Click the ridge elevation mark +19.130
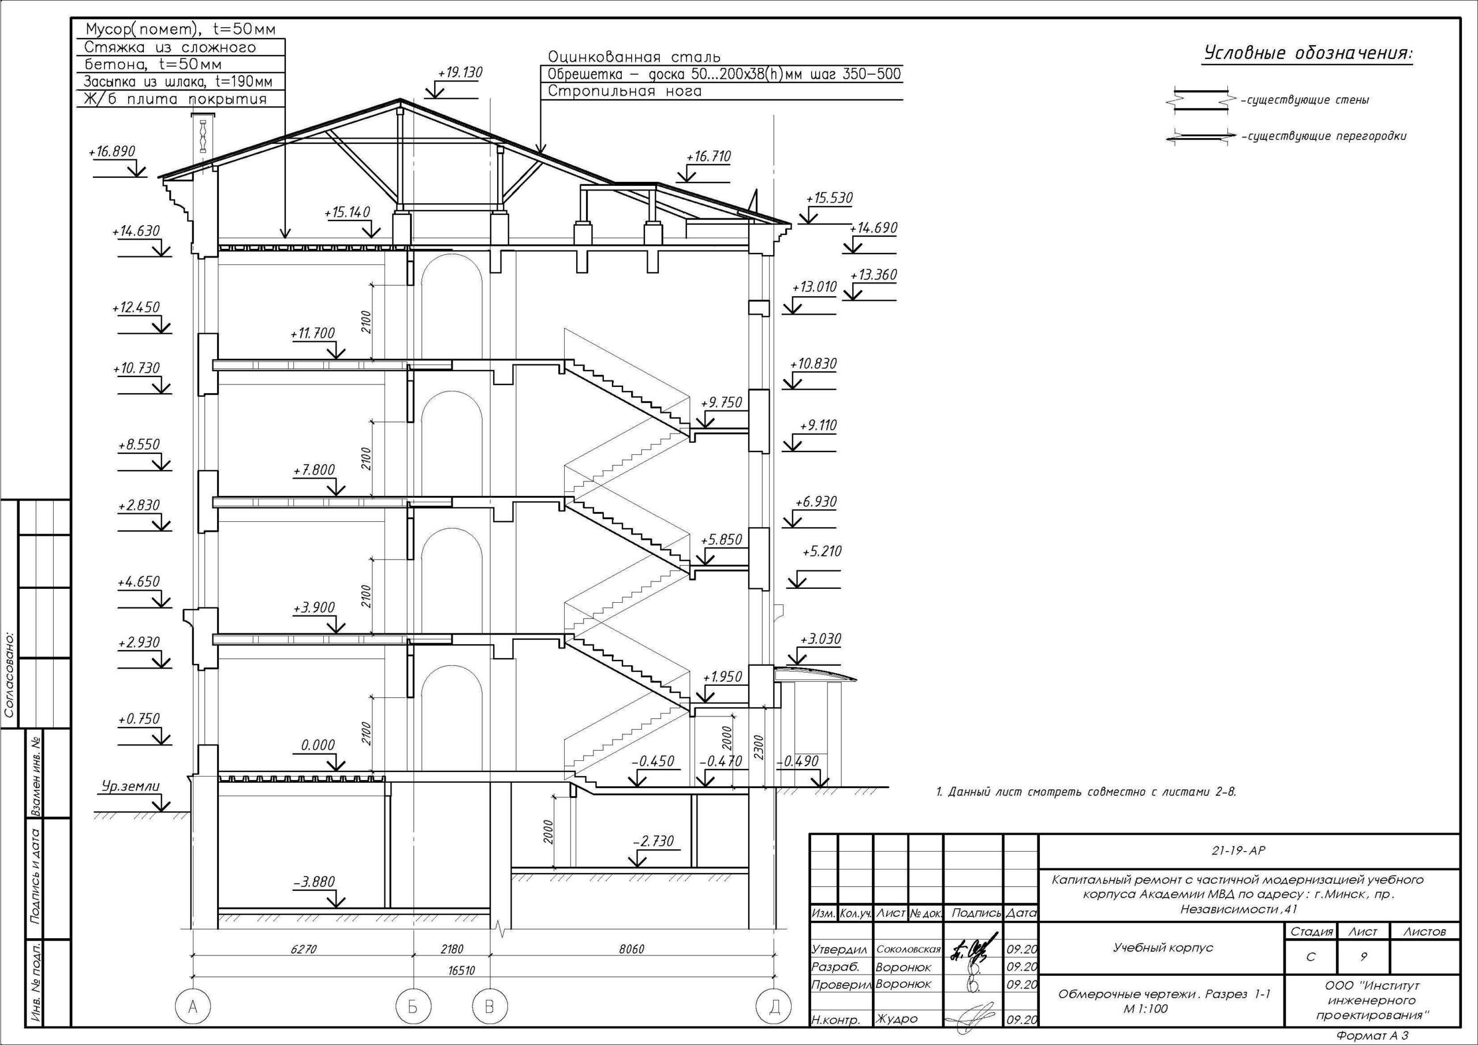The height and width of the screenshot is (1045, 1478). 460,73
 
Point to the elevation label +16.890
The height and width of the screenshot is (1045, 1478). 112,151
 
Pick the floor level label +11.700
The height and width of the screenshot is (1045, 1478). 313,333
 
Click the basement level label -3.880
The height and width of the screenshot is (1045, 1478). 314,882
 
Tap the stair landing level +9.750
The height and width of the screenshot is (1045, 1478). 722,402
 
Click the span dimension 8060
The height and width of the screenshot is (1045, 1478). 631,949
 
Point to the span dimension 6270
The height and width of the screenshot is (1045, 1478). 303,949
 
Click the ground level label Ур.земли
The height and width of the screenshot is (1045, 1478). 130,786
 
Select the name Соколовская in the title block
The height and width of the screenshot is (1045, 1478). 908,949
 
